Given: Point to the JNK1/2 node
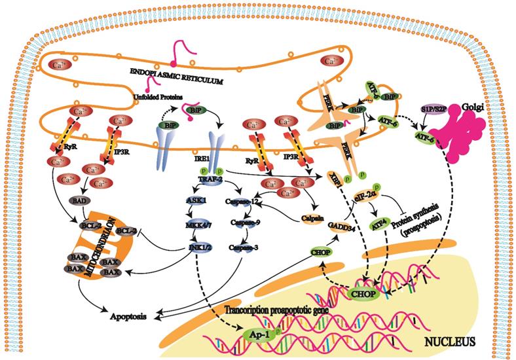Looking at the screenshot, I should (x=195, y=247).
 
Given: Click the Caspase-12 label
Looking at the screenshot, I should (x=242, y=202).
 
